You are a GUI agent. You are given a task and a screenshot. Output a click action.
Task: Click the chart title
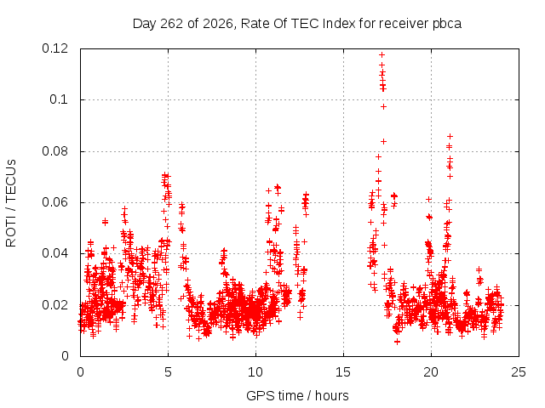297,24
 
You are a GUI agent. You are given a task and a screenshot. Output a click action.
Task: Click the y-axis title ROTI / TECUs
11,203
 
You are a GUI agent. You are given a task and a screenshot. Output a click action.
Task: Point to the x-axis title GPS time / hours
297,395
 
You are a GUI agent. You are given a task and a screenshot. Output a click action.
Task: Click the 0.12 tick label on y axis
54,48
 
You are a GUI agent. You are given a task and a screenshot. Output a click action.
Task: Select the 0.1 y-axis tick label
59,100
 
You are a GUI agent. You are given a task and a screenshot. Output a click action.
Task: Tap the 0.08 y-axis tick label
54,151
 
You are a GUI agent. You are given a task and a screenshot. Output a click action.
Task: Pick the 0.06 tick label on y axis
54,202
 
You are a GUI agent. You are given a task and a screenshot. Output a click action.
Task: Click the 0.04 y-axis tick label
54,253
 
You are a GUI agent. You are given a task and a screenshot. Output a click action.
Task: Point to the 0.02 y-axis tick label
54,305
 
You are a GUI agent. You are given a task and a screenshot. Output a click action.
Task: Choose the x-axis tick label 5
169,372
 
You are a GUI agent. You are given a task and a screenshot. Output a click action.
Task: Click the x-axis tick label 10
255,372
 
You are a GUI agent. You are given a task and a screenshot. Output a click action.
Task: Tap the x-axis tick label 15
343,372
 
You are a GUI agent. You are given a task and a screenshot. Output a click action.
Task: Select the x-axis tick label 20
431,372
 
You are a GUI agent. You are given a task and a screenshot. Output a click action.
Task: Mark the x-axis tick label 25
519,372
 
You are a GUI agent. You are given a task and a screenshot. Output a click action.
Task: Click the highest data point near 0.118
382,54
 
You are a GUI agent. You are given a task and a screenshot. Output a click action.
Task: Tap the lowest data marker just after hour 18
398,342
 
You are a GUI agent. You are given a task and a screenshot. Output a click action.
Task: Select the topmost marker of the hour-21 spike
450,136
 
